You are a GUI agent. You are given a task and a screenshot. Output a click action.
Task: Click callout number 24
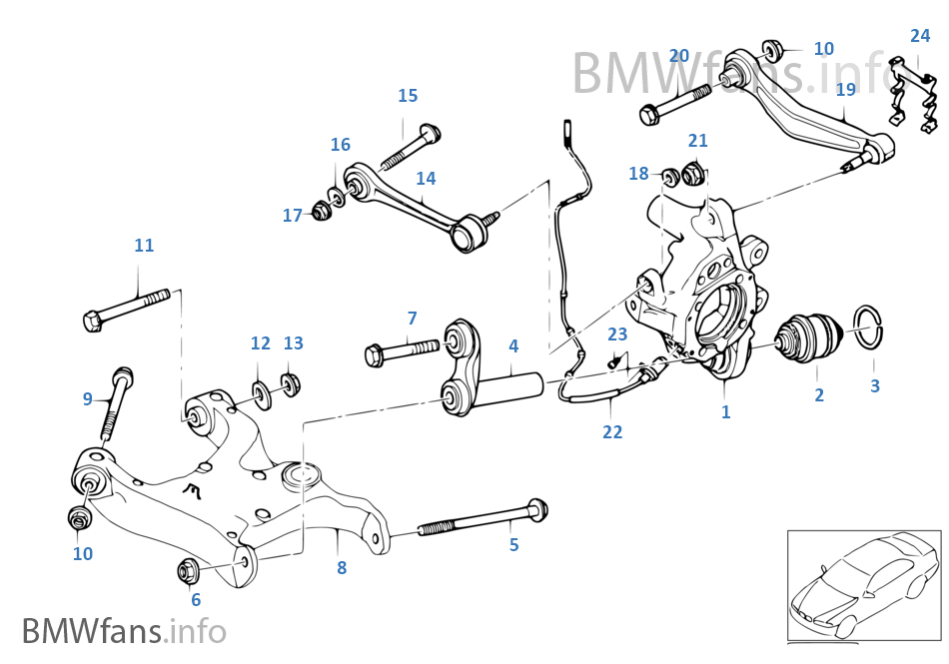(x=920, y=36)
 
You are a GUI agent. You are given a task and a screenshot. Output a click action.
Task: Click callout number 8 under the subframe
(x=342, y=568)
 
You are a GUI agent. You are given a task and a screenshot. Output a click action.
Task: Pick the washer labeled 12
(x=260, y=388)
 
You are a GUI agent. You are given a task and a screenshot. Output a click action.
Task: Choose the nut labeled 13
(x=292, y=383)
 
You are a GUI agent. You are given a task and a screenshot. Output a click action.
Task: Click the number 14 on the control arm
(x=426, y=179)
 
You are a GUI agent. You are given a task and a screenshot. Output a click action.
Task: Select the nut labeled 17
(x=322, y=212)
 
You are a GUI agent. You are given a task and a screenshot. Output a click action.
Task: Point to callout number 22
(x=612, y=432)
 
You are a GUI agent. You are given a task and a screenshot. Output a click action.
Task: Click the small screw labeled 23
(x=615, y=359)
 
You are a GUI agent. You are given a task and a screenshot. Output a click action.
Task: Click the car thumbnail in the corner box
(x=862, y=585)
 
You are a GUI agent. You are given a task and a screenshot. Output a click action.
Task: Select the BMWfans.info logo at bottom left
(x=124, y=632)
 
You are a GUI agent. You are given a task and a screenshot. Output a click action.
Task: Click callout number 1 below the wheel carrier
(x=726, y=411)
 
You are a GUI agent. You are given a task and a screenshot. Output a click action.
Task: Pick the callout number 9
(x=88, y=399)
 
